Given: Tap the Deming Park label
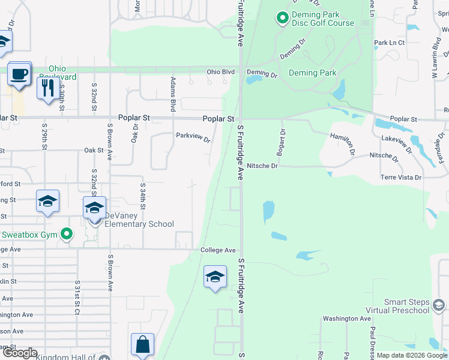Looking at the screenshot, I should [x=312, y=73].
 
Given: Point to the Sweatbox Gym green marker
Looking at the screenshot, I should [x=67, y=234].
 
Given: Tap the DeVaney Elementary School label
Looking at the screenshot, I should [x=139, y=220].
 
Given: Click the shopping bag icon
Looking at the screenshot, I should [x=142, y=345].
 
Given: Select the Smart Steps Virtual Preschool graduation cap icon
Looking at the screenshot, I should [x=439, y=306].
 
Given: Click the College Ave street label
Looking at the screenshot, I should [x=218, y=250].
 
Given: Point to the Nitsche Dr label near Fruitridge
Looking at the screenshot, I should [x=262, y=166].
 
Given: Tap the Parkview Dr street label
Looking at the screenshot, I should [x=193, y=138].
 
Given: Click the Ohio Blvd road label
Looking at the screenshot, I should [x=220, y=72].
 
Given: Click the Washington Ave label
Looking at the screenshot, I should [x=346, y=319].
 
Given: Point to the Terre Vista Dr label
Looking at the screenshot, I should [x=401, y=178].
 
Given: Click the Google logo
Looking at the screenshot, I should [x=19, y=353].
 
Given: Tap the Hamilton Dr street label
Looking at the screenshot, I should [x=343, y=144].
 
